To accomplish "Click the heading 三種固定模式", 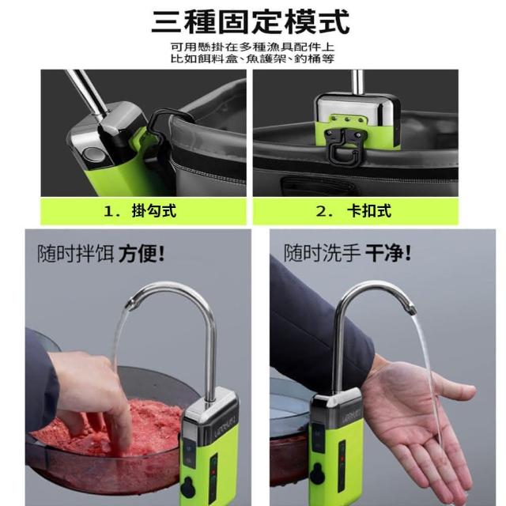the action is coord(251,22).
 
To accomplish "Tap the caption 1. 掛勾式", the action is coord(140,211).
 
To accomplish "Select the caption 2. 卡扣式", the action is coord(353,211).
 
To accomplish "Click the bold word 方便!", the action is coord(142,254).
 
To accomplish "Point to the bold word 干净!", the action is coord(388,253).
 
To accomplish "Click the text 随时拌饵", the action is coord(76,254).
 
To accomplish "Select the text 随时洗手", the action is coord(322,253).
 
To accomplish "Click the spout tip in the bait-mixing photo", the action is coord(131,304).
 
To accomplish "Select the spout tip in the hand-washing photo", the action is coord(410,309).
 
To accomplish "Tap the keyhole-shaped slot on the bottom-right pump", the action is coord(317,474).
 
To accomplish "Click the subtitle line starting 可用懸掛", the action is coord(252,47).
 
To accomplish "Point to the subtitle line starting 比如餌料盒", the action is coord(252,59).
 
